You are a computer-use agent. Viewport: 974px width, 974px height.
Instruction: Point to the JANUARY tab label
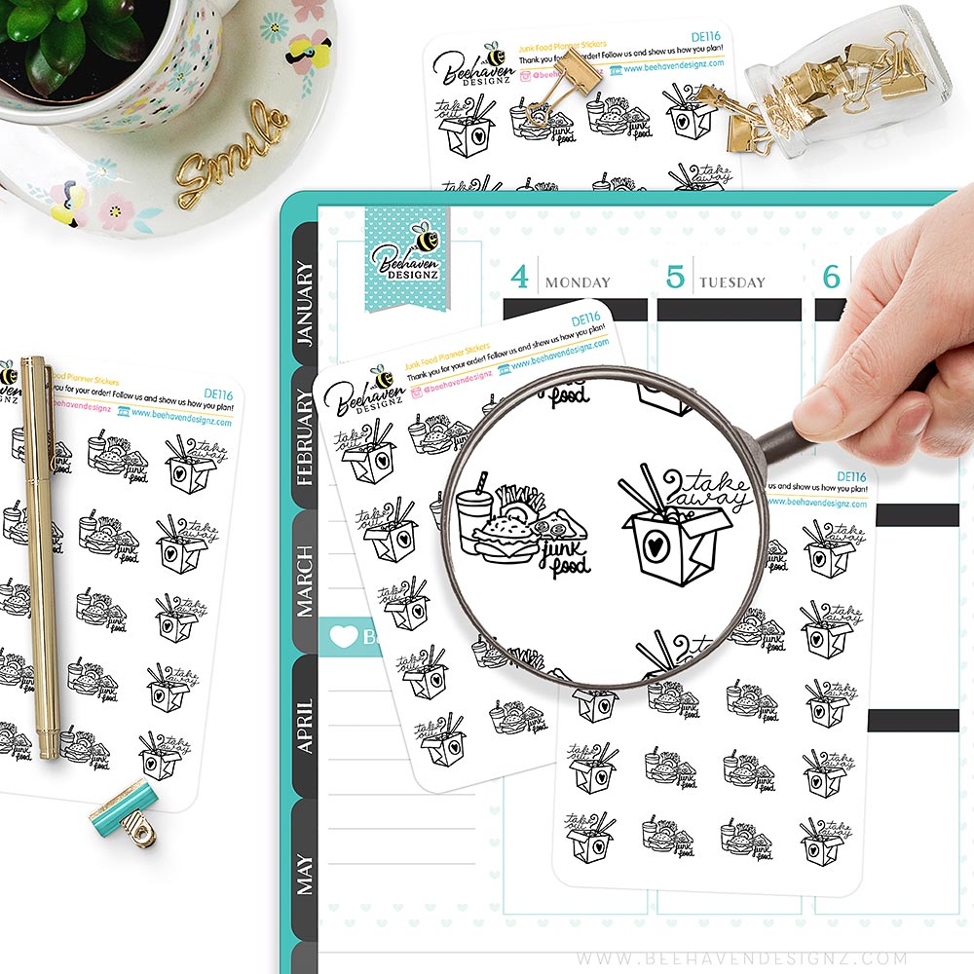305,303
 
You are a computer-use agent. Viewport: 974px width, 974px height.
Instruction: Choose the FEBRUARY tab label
305,438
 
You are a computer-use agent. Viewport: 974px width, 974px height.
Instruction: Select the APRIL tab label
305,726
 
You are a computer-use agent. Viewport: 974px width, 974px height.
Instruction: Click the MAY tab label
305,874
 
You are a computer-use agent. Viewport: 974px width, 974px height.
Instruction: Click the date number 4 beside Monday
520,278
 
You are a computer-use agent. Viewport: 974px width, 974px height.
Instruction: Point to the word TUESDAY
731,282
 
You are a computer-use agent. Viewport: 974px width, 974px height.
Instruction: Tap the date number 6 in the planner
831,278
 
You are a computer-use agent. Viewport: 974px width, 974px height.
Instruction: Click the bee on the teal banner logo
426,237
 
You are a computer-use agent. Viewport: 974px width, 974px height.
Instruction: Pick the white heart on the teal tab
344,636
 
